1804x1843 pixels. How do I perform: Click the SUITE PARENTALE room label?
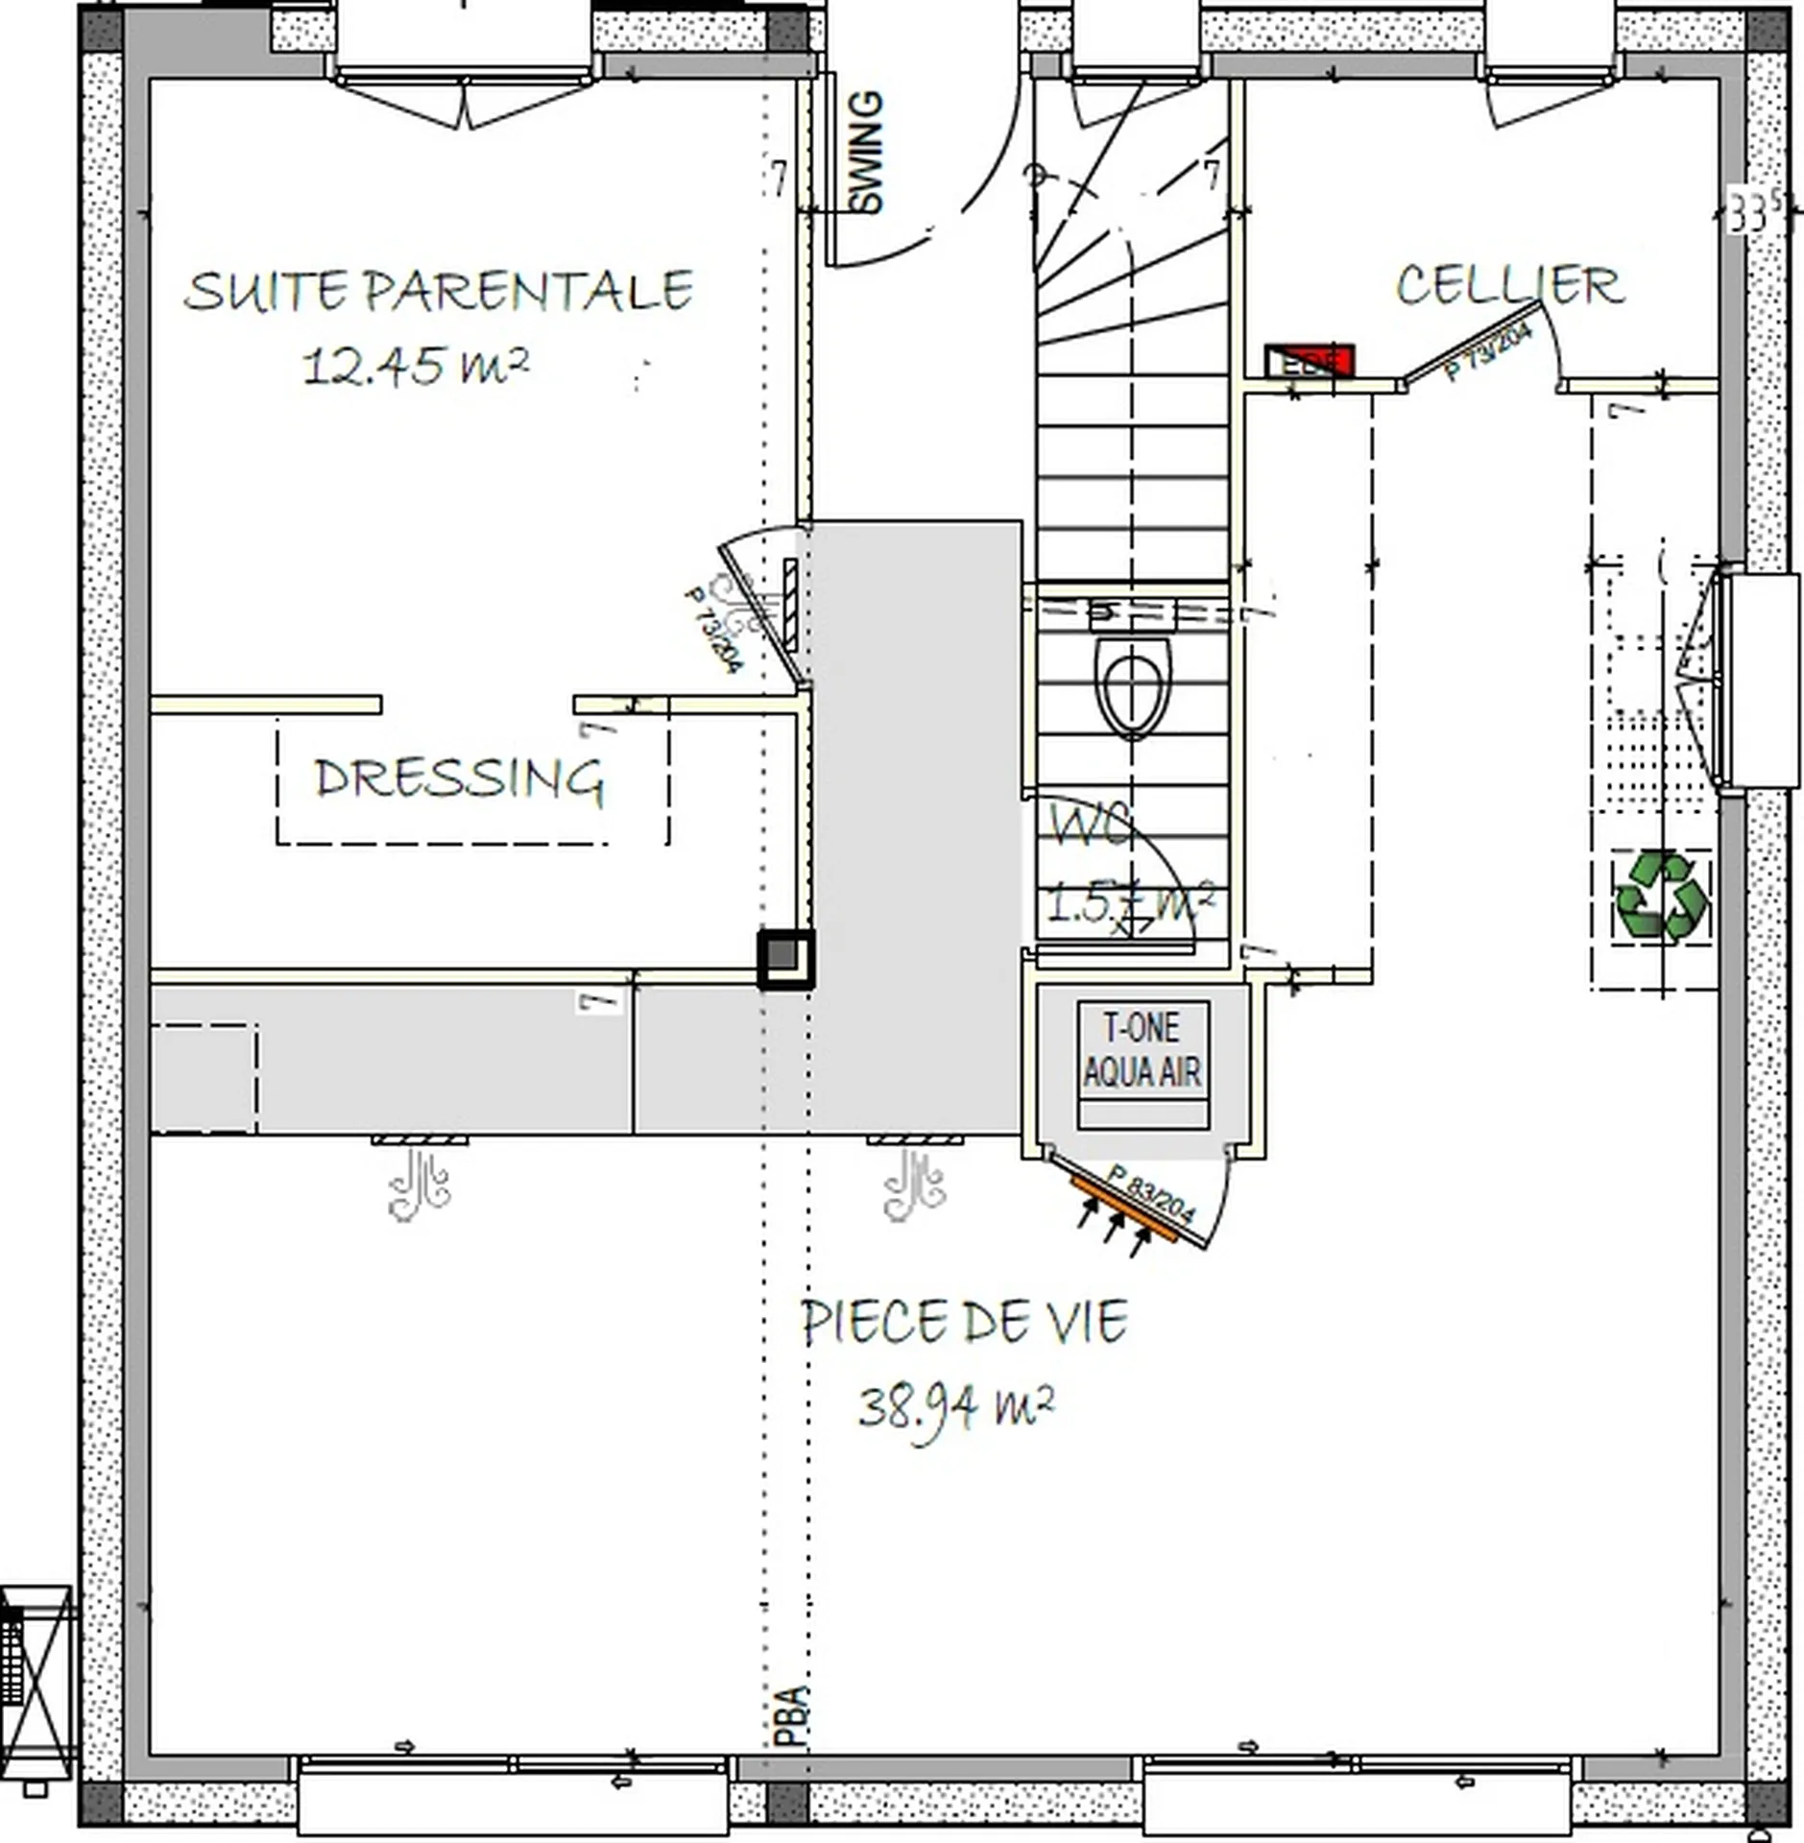(438, 291)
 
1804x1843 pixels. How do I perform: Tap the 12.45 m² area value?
(415, 366)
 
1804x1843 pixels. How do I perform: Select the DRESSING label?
(459, 778)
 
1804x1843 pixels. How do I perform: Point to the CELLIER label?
(1508, 285)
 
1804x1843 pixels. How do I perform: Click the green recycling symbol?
(1662, 896)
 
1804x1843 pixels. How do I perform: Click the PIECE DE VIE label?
(964, 1322)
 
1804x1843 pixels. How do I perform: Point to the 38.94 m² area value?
(956, 1407)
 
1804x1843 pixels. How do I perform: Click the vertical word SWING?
(867, 152)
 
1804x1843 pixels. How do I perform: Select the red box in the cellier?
(1310, 361)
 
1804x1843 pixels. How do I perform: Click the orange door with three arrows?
(1123, 1209)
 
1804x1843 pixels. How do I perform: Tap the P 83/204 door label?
(1151, 1193)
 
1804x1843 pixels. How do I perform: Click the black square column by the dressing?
(785, 958)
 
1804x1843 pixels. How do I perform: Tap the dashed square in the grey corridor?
(204, 1078)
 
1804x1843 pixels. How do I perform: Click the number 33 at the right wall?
(1747, 212)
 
